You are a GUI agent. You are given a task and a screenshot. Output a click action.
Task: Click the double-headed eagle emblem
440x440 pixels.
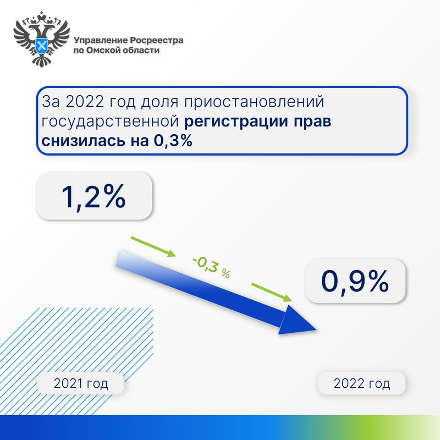tap(42, 38)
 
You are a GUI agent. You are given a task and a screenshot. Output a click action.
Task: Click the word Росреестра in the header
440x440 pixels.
tap(157, 40)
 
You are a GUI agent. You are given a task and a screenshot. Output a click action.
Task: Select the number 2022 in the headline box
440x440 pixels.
tap(85, 102)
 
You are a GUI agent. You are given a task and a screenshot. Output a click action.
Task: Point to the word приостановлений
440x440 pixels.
tap(254, 102)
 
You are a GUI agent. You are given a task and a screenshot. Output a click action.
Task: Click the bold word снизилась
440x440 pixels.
tap(83, 141)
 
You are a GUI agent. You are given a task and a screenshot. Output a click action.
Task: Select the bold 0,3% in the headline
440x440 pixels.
tap(173, 141)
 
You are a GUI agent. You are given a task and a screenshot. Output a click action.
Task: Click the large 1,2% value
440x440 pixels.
tap(93, 197)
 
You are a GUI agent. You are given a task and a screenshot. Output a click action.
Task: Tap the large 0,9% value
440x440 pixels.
tap(355, 281)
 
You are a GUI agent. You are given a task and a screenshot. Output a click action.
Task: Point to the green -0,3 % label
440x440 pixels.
tap(212, 267)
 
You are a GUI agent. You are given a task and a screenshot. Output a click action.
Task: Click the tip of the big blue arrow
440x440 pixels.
tap(317, 329)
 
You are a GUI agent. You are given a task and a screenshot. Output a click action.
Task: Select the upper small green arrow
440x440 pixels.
tap(153, 246)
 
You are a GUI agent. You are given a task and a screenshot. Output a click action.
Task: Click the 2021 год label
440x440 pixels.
tap(81, 383)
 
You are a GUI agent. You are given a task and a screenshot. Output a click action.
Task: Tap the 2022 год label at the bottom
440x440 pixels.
tap(362, 383)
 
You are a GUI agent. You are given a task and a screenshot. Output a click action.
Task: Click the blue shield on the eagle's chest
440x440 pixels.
tap(42, 45)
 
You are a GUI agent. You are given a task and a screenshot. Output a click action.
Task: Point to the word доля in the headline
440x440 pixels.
tap(159, 102)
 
